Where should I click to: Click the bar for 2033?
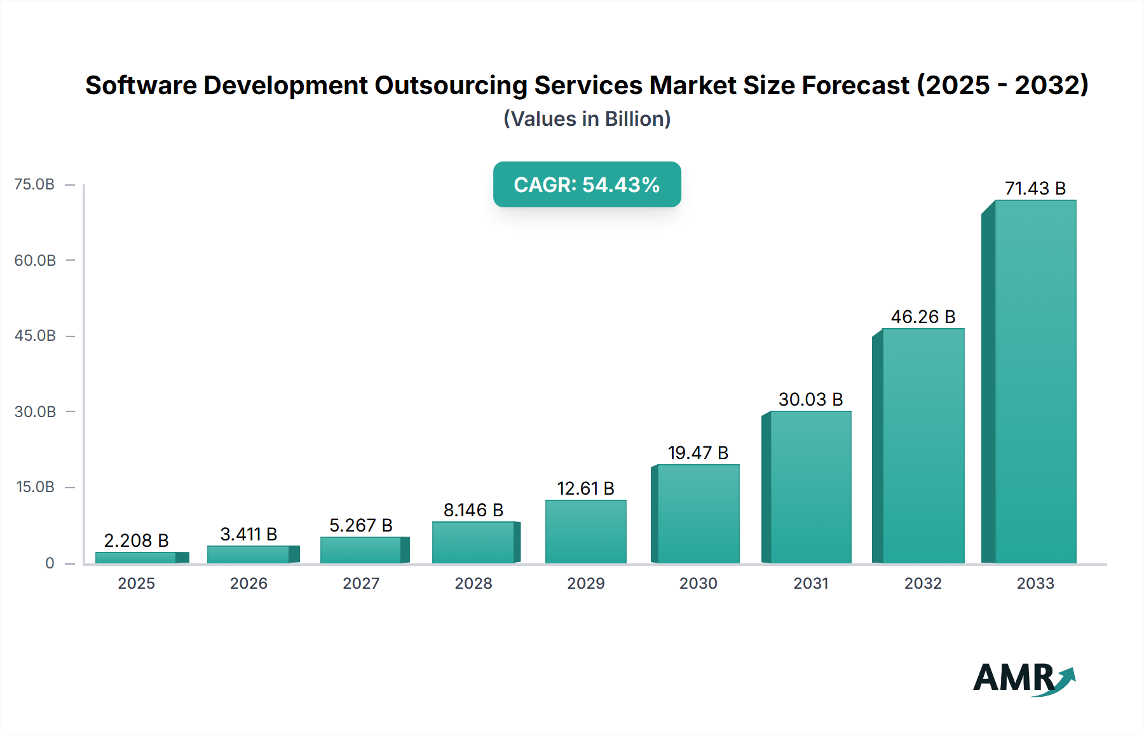(1035, 381)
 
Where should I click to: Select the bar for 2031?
(810, 487)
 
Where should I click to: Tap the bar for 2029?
(585, 532)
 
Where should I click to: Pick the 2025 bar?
(136, 558)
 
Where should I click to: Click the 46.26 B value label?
(923, 317)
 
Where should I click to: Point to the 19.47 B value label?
(698, 453)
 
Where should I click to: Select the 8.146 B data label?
(473, 510)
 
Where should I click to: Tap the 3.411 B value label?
(249, 534)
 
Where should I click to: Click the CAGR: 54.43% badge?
(587, 184)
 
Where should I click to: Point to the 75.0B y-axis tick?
(35, 184)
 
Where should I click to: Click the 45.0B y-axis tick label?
(35, 336)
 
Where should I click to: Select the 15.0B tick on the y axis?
(35, 487)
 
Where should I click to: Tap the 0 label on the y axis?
(50, 563)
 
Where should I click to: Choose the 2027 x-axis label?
(361, 584)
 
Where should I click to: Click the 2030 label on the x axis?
(698, 584)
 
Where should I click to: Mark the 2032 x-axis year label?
(923, 584)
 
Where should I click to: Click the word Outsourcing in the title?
(451, 85)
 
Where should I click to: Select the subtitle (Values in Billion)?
(587, 119)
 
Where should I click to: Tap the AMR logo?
(1023, 678)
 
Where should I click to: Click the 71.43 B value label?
(1035, 188)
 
